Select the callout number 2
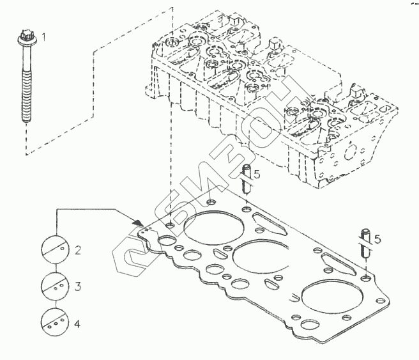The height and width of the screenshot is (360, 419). [x=77, y=250]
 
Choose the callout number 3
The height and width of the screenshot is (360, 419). [x=77, y=286]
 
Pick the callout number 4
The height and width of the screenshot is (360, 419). [x=77, y=324]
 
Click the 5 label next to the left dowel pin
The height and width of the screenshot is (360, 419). [x=256, y=174]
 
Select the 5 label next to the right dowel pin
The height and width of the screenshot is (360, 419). [x=377, y=239]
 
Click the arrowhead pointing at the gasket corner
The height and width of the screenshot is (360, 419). [x=137, y=221]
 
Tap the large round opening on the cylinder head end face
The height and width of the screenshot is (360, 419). [x=349, y=153]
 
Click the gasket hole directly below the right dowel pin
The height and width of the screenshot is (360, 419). [x=364, y=279]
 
